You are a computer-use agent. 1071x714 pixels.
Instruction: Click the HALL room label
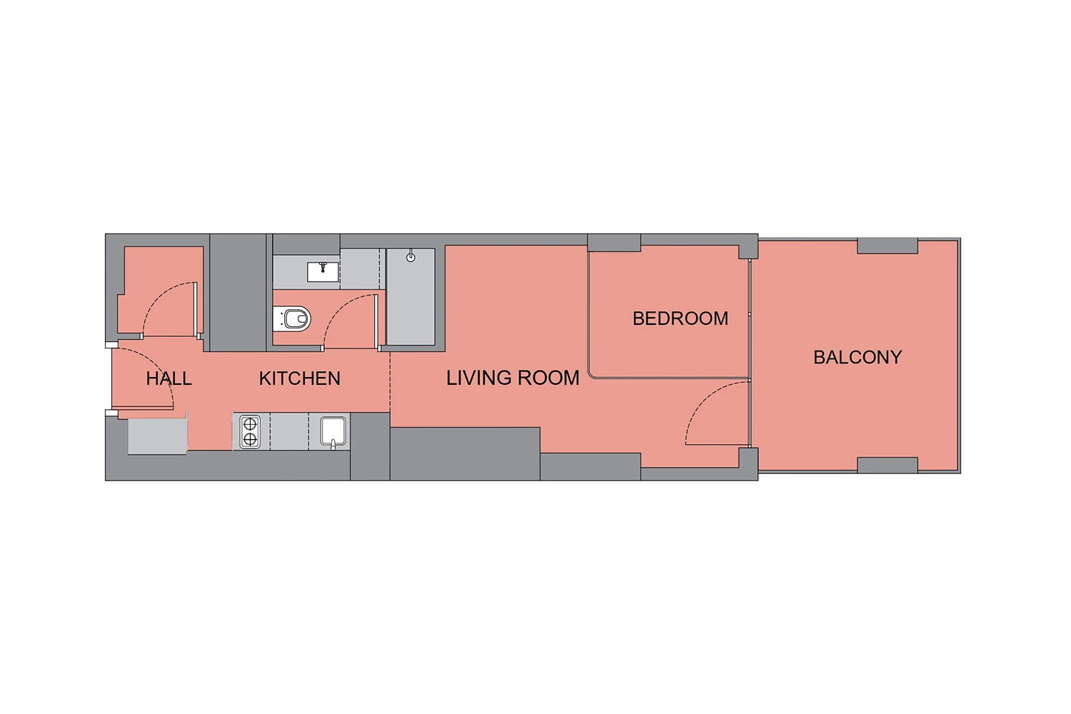(x=169, y=378)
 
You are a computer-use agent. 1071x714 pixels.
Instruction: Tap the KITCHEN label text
(x=300, y=378)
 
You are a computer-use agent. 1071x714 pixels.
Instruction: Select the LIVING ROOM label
(x=513, y=378)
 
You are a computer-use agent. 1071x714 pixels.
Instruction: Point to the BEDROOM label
(x=680, y=318)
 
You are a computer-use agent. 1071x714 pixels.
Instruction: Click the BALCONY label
(x=858, y=357)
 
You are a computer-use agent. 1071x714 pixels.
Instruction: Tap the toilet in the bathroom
(x=292, y=318)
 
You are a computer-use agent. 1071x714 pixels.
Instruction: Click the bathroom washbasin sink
(x=323, y=271)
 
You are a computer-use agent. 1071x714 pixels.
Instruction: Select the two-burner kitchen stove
(x=250, y=432)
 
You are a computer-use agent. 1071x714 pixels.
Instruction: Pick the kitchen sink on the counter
(x=333, y=432)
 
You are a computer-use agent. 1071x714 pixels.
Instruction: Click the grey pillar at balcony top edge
(x=888, y=246)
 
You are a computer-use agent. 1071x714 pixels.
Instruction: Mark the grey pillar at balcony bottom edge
(x=888, y=465)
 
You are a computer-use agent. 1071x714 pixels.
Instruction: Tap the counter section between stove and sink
(x=289, y=431)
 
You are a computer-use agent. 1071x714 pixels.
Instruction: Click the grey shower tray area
(x=411, y=296)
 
